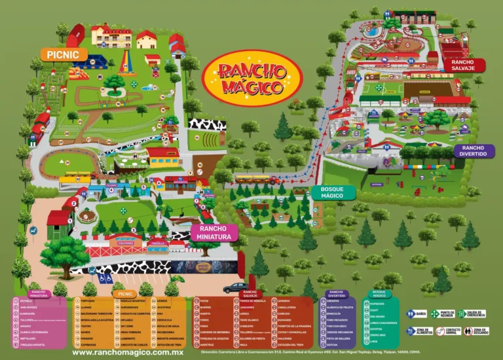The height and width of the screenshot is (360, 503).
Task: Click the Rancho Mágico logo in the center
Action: [253, 78]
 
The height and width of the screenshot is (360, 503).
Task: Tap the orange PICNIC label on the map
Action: [63, 54]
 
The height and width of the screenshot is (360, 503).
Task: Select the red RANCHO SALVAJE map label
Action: [463, 65]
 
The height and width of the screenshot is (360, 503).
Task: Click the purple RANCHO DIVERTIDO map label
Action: [473, 151]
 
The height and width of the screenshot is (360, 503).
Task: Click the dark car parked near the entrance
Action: [234, 287]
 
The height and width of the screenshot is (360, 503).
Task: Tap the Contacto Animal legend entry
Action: [444, 331]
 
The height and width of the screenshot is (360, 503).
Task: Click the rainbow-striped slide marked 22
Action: [124, 63]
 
